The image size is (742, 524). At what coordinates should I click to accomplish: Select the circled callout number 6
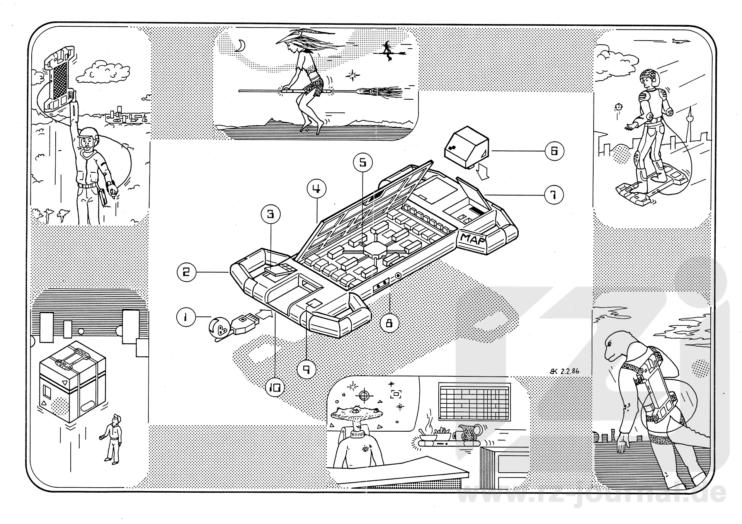coord(554,151)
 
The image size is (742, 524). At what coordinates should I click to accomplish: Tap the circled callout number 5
coord(362,163)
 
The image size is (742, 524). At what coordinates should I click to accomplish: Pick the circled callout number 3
coord(271,214)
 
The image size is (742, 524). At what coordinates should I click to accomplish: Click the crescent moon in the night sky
coord(240,46)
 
